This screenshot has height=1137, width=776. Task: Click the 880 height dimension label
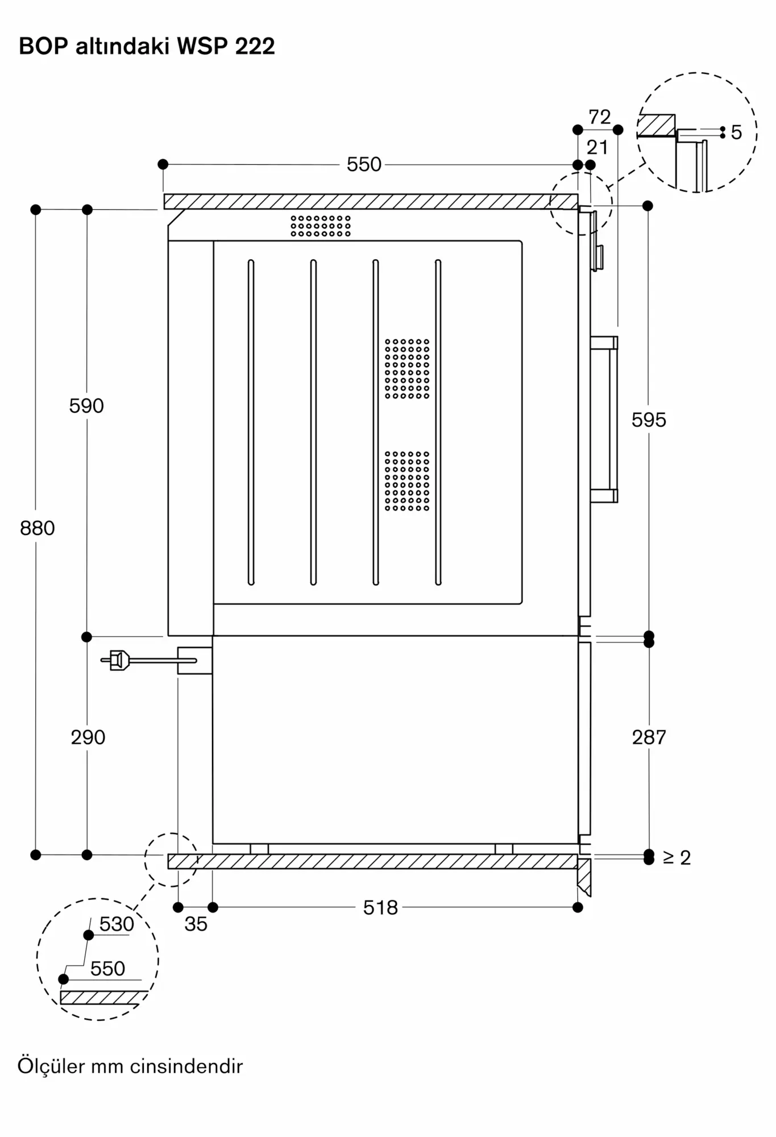pyautogui.click(x=38, y=528)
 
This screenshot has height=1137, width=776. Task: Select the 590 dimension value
pyautogui.click(x=86, y=406)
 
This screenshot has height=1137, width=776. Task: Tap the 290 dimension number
pyautogui.click(x=88, y=737)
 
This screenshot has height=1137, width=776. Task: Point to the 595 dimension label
pyautogui.click(x=649, y=420)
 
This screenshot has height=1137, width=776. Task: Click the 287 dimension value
pyautogui.click(x=649, y=737)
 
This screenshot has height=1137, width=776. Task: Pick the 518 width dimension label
pyautogui.click(x=380, y=908)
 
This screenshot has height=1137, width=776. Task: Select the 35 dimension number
pyautogui.click(x=196, y=924)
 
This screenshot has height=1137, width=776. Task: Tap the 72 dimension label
pyautogui.click(x=600, y=117)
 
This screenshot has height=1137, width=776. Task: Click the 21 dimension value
pyautogui.click(x=597, y=148)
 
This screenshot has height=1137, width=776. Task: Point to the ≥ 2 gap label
pyautogui.click(x=677, y=858)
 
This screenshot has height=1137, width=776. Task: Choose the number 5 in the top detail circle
pyautogui.click(x=736, y=132)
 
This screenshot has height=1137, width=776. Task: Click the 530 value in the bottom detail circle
pyautogui.click(x=117, y=924)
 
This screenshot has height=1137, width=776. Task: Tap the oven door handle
pyautogui.click(x=604, y=420)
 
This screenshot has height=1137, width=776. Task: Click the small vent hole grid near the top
pyautogui.click(x=321, y=226)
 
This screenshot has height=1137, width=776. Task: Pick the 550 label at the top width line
pyautogui.click(x=364, y=165)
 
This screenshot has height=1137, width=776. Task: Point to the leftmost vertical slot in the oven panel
pyautogui.click(x=251, y=422)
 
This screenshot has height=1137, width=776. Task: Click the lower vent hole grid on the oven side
pyautogui.click(x=407, y=481)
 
